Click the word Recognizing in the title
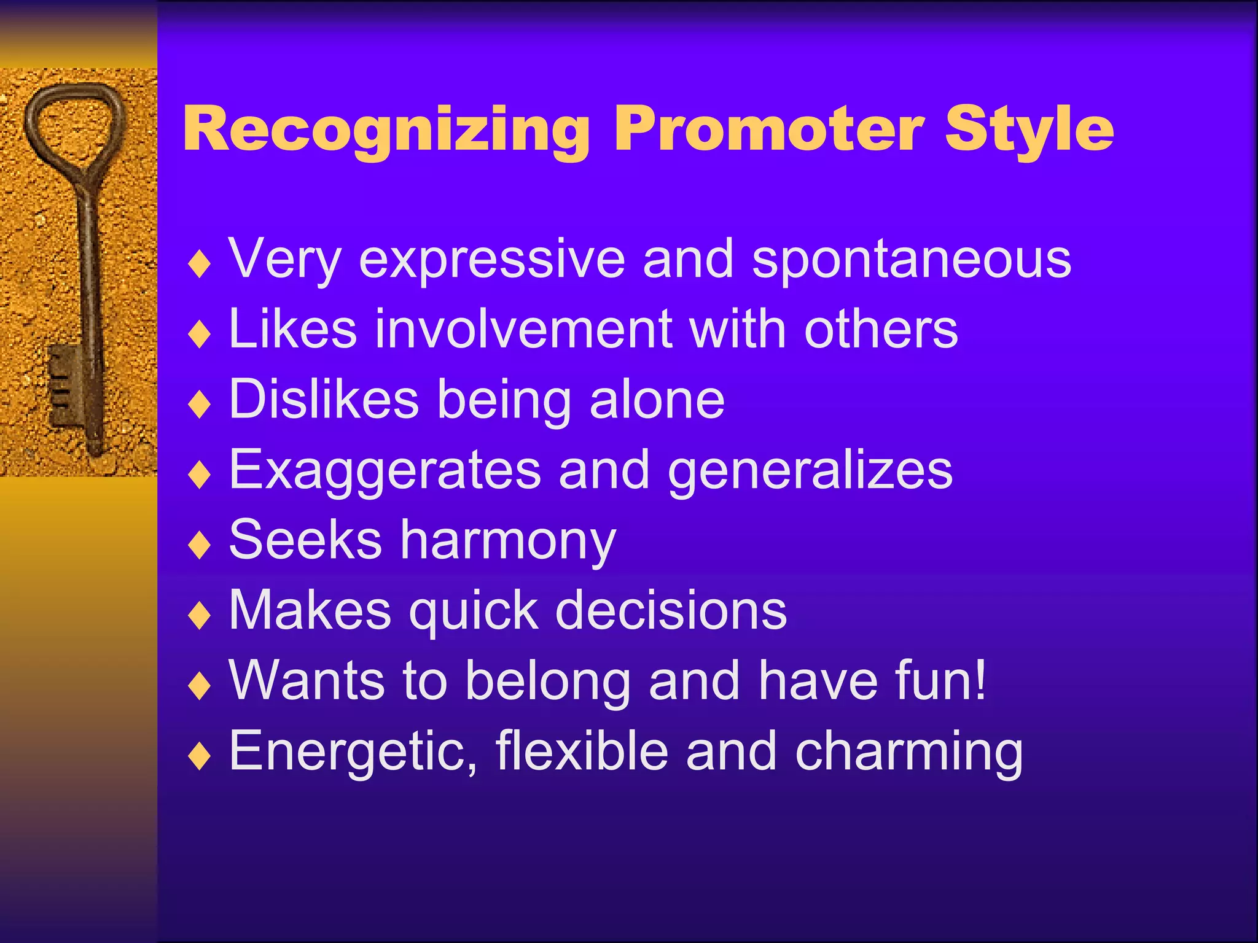coord(386,130)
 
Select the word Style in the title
coord(1029,130)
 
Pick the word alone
coord(657,400)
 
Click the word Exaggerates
coord(385,471)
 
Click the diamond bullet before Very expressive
coord(200,265)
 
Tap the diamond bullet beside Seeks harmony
coord(200,545)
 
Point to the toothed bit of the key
coord(64,384)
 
